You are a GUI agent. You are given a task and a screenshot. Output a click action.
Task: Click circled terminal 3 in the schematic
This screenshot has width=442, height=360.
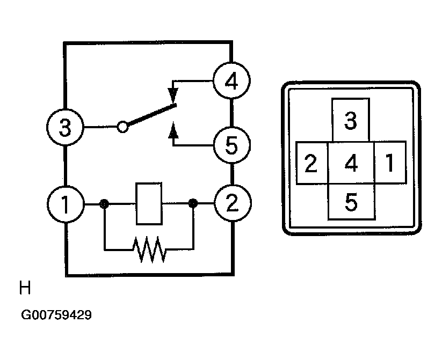coord(65,127)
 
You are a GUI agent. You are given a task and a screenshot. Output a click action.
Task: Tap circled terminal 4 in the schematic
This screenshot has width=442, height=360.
coord(231,81)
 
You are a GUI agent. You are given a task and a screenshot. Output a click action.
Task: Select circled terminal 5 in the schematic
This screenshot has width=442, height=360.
coord(231,145)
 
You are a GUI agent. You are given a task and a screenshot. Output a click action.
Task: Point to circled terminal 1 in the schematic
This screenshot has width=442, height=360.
coord(66,204)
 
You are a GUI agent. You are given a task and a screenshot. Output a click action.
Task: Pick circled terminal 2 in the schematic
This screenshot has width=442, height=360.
coord(233,203)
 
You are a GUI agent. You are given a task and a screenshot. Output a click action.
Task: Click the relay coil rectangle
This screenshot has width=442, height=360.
coord(149,204)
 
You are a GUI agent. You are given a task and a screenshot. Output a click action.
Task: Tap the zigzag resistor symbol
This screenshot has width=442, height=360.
coord(149,249)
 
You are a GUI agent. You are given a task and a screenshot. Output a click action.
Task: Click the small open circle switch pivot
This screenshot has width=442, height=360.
coord(122,127)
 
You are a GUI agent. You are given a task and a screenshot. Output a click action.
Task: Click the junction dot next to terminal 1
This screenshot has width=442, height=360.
coord(104,204)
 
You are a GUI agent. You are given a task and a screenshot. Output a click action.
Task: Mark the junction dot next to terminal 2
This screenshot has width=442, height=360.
coord(193,203)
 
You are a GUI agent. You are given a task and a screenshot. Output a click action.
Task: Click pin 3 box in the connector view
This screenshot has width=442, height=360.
coord(351,120)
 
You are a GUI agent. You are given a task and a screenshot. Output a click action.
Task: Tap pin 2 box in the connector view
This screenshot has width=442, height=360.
coord(312,163)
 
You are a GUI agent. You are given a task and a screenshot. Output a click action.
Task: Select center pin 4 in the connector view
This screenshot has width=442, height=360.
coord(351,163)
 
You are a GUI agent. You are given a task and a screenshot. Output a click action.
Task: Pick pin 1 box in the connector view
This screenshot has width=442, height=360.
coord(390,162)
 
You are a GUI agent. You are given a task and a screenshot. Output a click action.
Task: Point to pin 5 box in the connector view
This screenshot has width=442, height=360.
coord(352,202)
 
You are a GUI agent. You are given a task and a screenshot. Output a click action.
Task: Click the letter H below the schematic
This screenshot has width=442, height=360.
coord(25,288)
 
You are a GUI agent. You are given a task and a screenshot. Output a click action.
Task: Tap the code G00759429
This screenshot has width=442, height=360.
coord(56,315)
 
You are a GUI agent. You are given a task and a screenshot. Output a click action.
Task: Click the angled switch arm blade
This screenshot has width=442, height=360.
coord(151,114)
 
